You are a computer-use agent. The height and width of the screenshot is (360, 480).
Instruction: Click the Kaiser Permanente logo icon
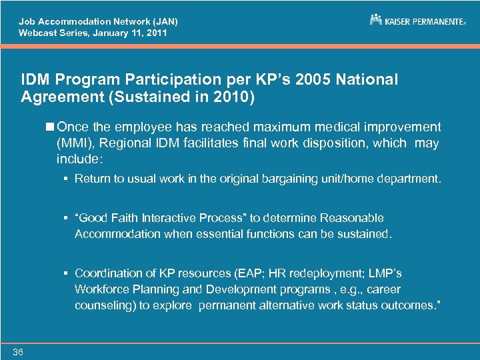coord(376,20)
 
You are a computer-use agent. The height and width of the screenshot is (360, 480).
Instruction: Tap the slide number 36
coord(17,352)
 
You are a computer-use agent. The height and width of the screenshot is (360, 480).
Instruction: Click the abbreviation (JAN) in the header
coord(162,21)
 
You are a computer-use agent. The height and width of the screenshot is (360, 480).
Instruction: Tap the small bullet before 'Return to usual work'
coord(67,179)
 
